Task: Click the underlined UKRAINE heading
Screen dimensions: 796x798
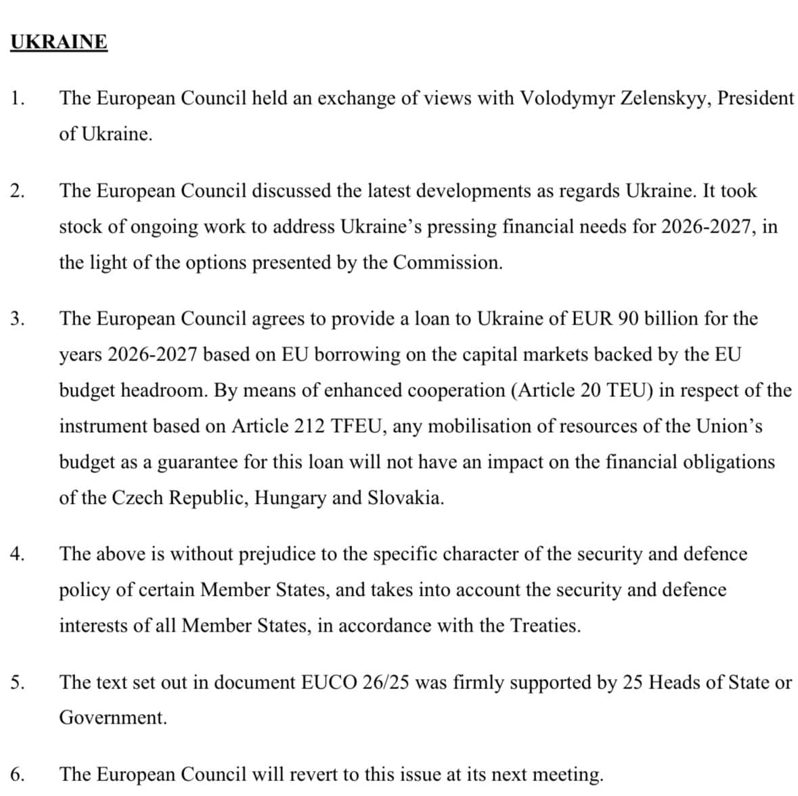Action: (x=59, y=42)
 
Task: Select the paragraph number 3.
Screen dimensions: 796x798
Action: (x=18, y=319)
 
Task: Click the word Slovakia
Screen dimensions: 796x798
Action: (x=405, y=498)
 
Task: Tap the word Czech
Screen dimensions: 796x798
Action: (x=137, y=498)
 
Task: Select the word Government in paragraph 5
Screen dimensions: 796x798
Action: (x=112, y=718)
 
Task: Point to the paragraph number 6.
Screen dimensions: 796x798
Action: (x=18, y=774)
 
